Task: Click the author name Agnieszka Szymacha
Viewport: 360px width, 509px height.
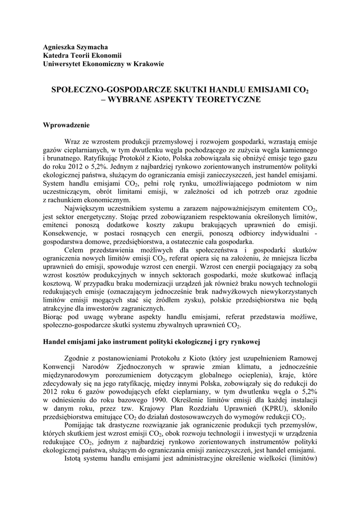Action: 75,46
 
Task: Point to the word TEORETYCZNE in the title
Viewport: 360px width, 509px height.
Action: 230,99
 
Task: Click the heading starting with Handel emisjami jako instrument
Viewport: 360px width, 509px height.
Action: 152,342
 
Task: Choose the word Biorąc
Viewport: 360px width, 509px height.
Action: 54,317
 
